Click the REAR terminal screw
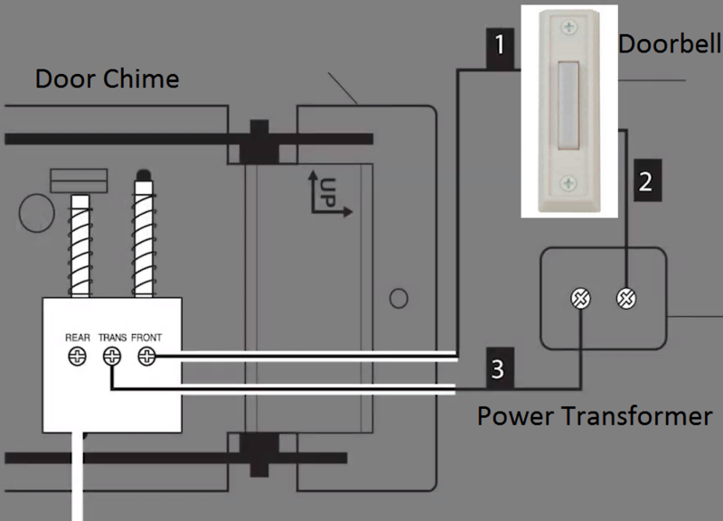tap(78, 358)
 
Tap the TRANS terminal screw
tap(113, 358)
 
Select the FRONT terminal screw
tap(146, 358)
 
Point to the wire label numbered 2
tap(644, 181)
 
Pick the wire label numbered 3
tap(498, 368)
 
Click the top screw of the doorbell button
tap(568, 26)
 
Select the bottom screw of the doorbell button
tap(568, 184)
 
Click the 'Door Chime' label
tap(107, 79)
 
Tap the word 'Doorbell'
tap(669, 43)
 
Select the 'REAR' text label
tap(78, 339)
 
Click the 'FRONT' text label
tap(146, 339)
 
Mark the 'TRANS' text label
tap(112, 339)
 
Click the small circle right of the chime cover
tap(397, 297)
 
